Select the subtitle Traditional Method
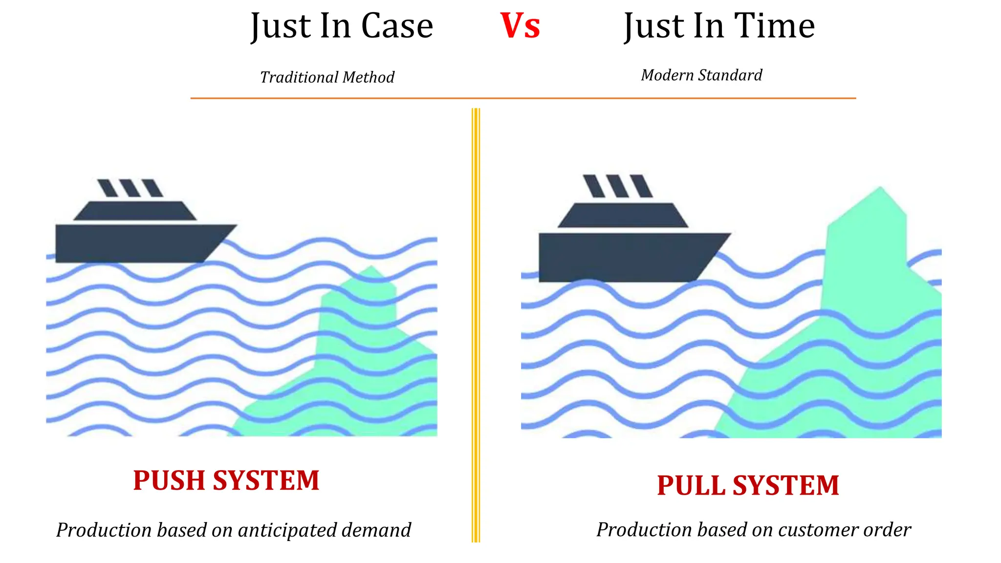[x=327, y=77]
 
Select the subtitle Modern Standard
[x=701, y=75]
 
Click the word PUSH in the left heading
[x=169, y=480]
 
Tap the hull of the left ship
[x=137, y=243]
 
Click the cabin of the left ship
[x=135, y=211]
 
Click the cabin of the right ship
[x=623, y=216]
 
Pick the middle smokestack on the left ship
[x=130, y=188]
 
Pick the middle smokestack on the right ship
[x=617, y=186]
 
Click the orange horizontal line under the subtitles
[x=523, y=98]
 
